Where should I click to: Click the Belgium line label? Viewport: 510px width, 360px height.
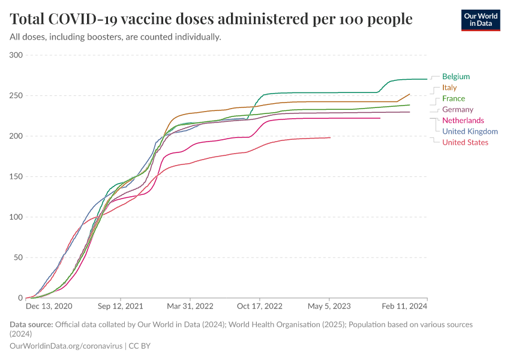pyautogui.click(x=455, y=77)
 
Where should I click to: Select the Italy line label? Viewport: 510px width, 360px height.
pyautogui.click(x=449, y=88)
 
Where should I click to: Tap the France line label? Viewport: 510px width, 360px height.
pyautogui.click(x=453, y=98)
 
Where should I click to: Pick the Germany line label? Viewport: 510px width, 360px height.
pyautogui.click(x=457, y=109)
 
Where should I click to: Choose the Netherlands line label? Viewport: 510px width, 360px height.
pyautogui.click(x=463, y=121)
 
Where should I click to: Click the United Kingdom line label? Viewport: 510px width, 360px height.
pyautogui.click(x=469, y=131)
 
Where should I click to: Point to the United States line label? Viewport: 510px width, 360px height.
pyautogui.click(x=465, y=142)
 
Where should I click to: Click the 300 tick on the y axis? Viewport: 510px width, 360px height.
pyautogui.click(x=16, y=55)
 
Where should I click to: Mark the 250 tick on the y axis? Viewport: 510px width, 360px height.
pyautogui.click(x=16, y=96)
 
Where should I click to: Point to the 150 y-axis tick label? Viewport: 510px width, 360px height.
pyautogui.click(x=16, y=177)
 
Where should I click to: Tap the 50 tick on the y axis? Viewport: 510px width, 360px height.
pyautogui.click(x=18, y=257)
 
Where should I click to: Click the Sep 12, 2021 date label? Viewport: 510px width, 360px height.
pyautogui.click(x=121, y=306)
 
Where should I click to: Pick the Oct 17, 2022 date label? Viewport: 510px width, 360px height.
pyautogui.click(x=260, y=306)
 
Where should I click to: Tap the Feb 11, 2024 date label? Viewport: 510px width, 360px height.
pyautogui.click(x=406, y=306)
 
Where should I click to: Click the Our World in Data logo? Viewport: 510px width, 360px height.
pyautogui.click(x=480, y=20)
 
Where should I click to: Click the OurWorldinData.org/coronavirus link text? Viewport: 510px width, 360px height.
pyautogui.click(x=66, y=346)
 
